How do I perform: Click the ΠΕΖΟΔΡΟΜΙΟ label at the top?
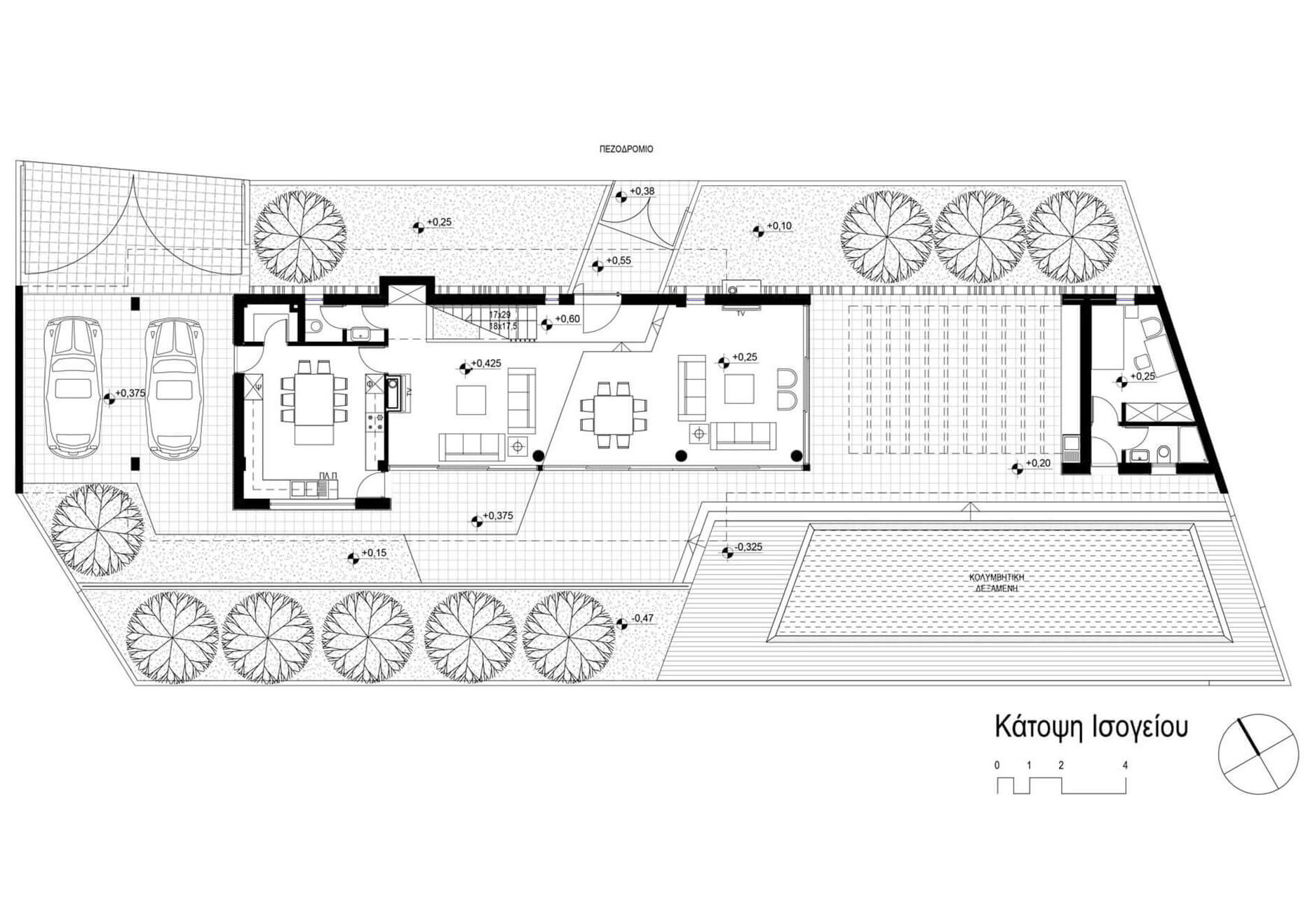pos(626,149)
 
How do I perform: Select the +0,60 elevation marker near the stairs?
pos(567,320)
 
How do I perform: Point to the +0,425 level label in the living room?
pos(485,363)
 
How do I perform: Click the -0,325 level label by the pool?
pos(747,547)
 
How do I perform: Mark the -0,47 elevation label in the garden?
pos(642,618)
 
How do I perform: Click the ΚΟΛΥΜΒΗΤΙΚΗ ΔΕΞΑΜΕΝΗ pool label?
pos(997,583)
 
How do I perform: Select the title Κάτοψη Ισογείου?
pos(1091,727)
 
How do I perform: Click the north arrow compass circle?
pos(1258,754)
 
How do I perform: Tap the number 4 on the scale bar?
pos(1125,765)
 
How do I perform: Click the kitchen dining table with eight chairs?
pos(314,401)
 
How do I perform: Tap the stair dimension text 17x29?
pos(500,315)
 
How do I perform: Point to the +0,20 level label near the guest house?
pos(1037,463)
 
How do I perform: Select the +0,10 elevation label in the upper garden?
pos(778,226)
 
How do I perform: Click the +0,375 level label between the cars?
pos(130,393)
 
